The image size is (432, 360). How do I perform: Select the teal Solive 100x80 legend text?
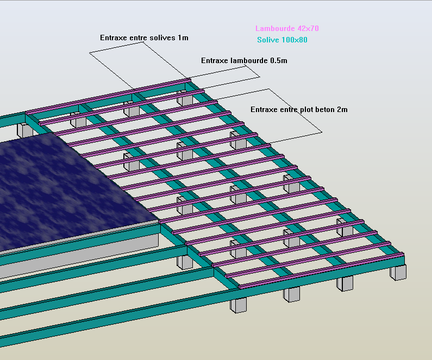pos(283,40)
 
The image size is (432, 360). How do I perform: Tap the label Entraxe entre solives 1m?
pos(144,38)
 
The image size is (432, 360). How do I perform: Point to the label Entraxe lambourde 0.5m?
pos(244,60)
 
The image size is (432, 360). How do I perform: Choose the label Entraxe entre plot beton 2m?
pos(299,109)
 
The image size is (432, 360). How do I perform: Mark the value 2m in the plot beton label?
pos(342,109)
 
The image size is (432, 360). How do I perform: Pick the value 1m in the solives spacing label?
pos(183,38)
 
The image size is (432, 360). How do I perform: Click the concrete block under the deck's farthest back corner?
pos(186,100)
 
